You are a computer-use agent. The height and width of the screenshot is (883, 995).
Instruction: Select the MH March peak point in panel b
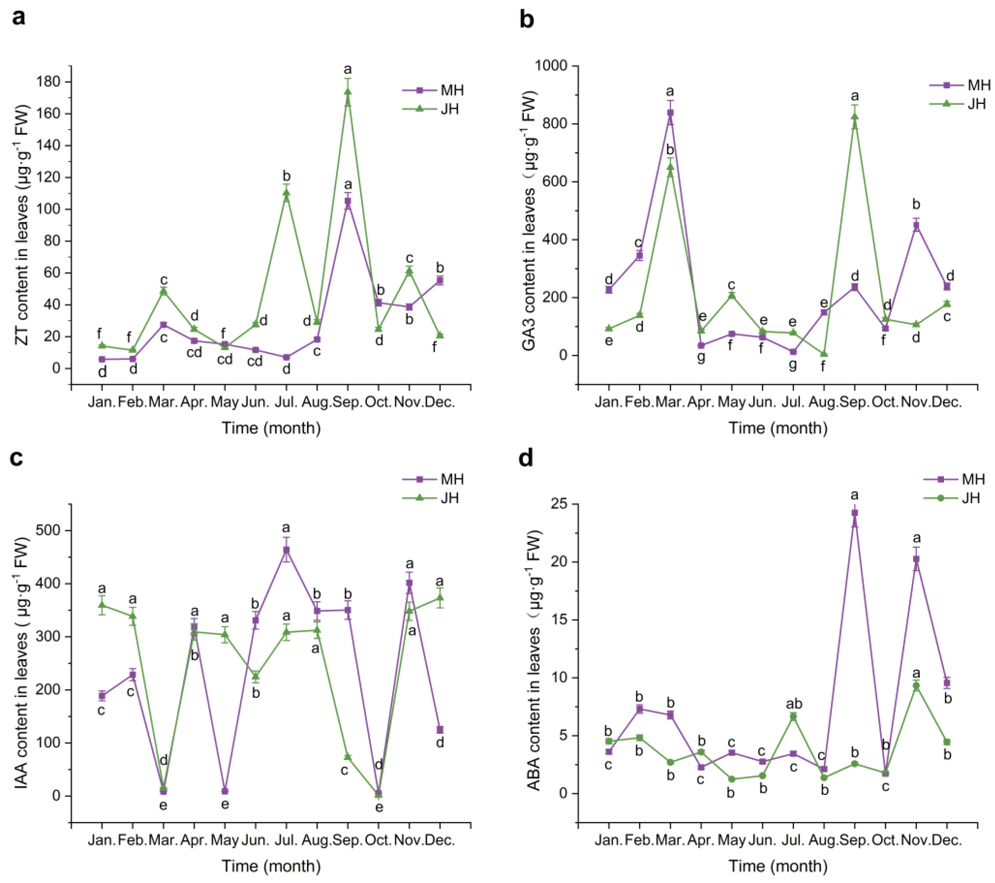point(670,113)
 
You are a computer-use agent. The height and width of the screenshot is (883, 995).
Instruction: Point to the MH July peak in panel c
point(286,550)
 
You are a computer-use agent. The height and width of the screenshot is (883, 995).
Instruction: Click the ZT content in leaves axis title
point(22,225)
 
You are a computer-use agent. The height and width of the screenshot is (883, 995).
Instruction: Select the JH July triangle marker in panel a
point(286,193)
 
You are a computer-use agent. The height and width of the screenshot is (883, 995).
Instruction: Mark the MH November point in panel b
point(916,226)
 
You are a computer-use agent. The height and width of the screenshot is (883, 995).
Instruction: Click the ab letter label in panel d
point(794,704)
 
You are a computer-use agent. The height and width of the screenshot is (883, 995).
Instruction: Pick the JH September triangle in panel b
point(854,116)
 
